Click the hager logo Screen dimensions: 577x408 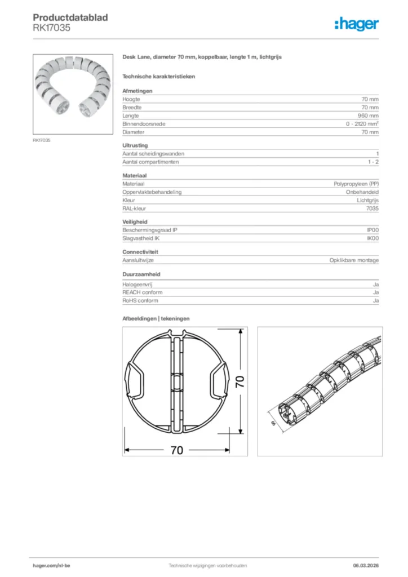[356, 23]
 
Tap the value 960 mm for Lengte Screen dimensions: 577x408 [369, 116]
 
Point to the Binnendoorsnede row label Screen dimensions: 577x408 [144, 124]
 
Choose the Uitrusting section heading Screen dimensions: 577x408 [135, 145]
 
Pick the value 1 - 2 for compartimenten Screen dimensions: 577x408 [372, 162]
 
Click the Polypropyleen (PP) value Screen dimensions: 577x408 [356, 184]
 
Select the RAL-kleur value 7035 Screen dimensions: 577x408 [372, 208]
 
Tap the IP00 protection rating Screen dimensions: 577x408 [372, 230]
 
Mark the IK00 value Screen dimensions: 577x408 [372, 239]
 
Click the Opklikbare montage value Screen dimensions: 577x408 [354, 260]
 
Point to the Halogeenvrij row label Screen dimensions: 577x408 [138, 284]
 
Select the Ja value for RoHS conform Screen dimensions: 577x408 [375, 301]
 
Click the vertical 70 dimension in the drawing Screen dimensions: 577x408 [240, 383]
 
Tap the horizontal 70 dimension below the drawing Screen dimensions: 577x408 [176, 451]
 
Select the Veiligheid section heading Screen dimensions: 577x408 [135, 222]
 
